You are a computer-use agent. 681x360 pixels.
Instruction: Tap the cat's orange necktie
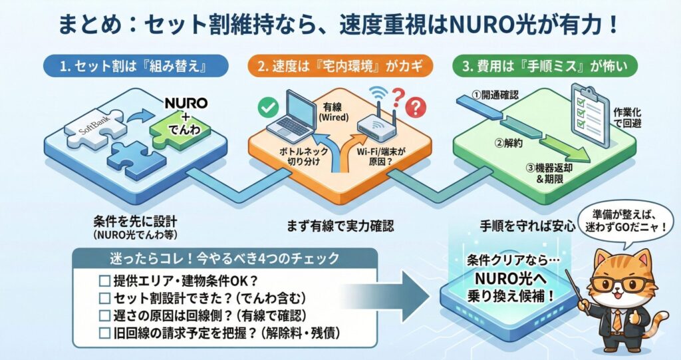pyautogui.click(x=617, y=320)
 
